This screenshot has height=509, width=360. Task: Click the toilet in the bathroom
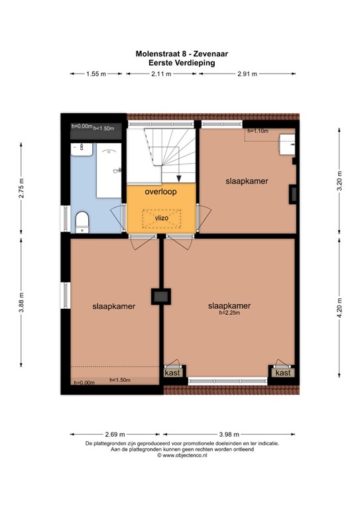(x=82, y=221)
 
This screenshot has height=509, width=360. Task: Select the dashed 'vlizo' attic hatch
(x=162, y=217)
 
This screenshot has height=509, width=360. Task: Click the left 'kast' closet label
(x=172, y=373)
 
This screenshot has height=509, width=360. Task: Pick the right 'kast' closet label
(x=283, y=373)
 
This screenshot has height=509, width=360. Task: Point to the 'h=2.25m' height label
(x=229, y=314)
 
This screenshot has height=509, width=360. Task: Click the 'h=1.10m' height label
(x=257, y=131)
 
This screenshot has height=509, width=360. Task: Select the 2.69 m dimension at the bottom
(x=114, y=433)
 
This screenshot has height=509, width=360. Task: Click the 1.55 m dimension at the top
(x=96, y=74)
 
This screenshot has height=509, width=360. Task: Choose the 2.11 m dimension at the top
(x=161, y=74)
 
